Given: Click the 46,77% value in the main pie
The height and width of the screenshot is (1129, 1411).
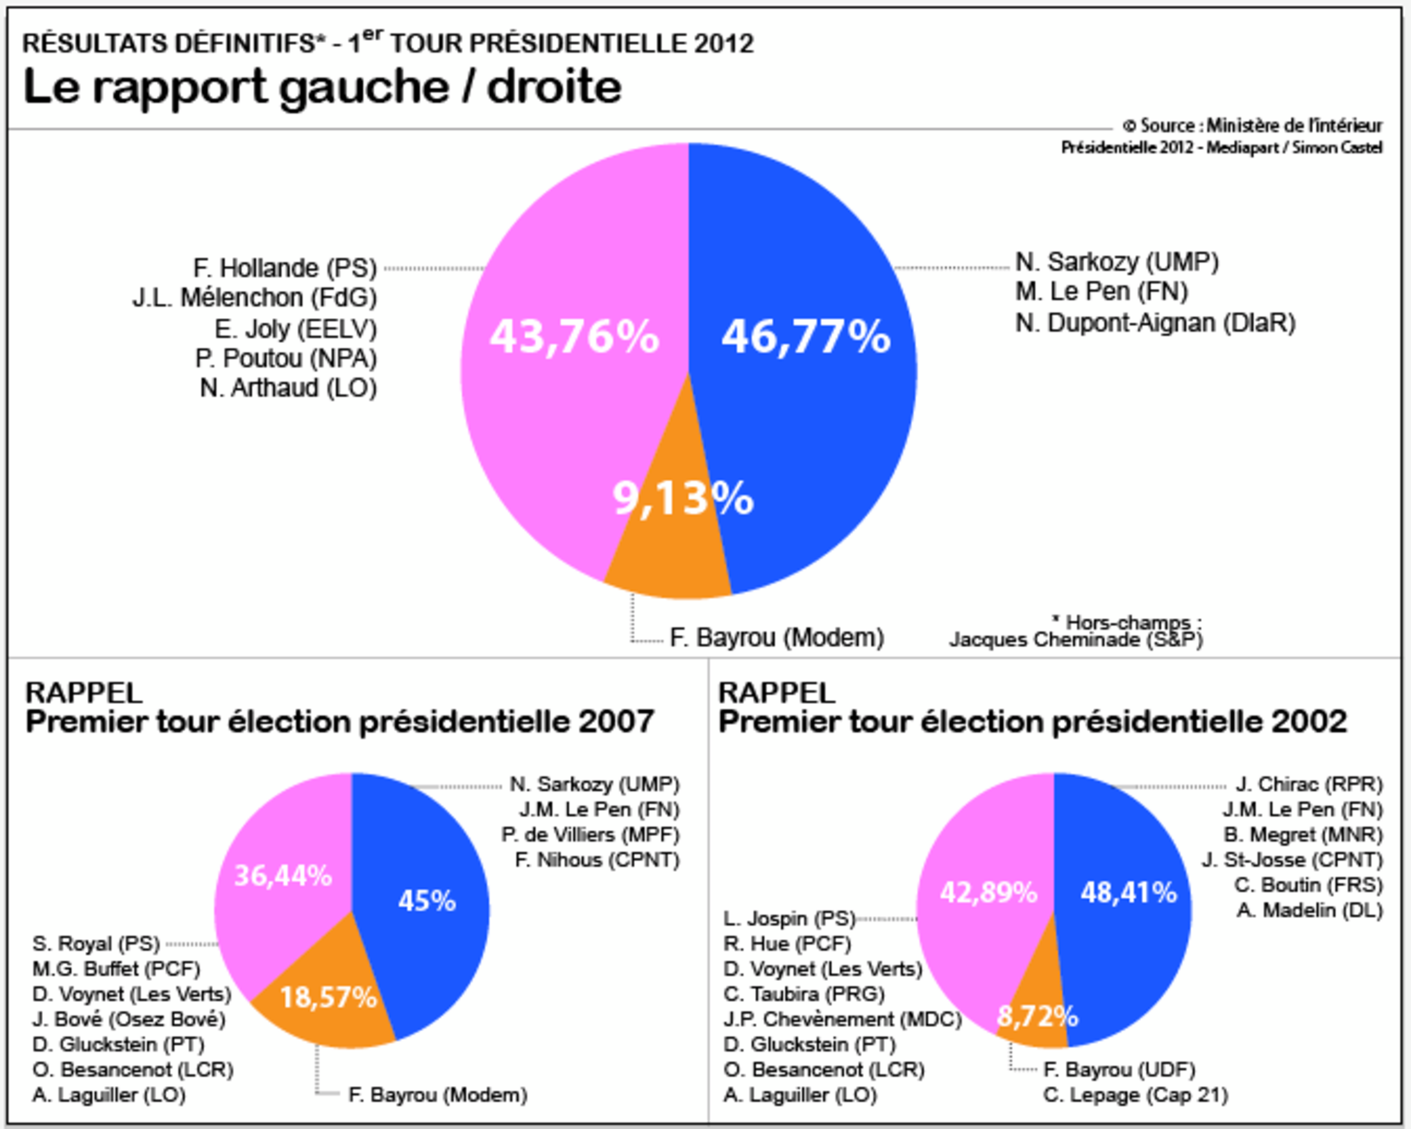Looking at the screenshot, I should tap(806, 337).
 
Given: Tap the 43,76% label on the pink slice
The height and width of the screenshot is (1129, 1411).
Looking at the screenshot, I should tap(574, 337).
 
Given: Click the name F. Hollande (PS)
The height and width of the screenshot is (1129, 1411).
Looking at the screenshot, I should tap(285, 268).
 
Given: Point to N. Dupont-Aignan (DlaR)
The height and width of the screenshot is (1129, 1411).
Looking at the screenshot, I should tap(1155, 323).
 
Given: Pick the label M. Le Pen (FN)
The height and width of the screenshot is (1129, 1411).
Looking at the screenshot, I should tap(1101, 292).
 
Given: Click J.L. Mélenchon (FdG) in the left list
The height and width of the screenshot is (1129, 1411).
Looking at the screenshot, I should tap(255, 298).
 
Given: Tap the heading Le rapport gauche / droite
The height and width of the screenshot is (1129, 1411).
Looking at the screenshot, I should tap(322, 87).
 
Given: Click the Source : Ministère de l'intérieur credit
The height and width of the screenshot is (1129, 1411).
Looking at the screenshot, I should tap(1253, 125).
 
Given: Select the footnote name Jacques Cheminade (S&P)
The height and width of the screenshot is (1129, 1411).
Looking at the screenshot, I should tap(1076, 640).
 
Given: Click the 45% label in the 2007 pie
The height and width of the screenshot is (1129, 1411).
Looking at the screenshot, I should tap(427, 901).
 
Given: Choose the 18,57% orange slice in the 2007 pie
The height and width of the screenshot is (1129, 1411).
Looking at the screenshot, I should tap(328, 998).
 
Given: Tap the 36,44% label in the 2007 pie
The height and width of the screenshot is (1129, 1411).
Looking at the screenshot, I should tap(283, 876).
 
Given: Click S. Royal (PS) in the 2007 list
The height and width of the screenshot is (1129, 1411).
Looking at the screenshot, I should tap(96, 944).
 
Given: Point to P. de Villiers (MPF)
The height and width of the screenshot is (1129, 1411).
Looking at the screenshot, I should tap(590, 835).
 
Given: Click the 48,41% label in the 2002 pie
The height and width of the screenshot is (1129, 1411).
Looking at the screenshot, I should tap(1128, 893).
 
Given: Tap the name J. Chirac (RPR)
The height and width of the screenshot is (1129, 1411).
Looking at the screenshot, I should tap(1309, 784).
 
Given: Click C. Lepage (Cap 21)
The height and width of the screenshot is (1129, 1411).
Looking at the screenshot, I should tap(1135, 1095).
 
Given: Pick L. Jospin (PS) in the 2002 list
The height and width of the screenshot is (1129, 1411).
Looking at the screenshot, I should tap(790, 919).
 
